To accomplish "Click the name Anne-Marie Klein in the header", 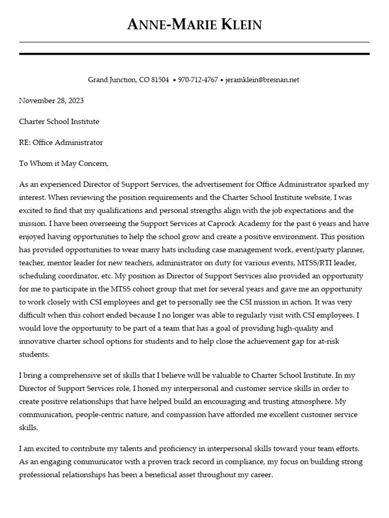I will pyautogui.click(x=194, y=24).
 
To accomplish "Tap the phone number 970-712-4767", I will pyautogui.click(x=198, y=80).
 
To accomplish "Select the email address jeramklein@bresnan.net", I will pyautogui.click(x=262, y=80).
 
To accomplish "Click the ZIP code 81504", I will pyautogui.click(x=161, y=80).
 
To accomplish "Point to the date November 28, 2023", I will pyautogui.click(x=52, y=101).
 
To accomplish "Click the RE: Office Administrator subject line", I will pyautogui.click(x=61, y=143).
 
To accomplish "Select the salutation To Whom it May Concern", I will pyautogui.click(x=64, y=164).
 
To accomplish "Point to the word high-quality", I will pyautogui.click(x=283, y=328).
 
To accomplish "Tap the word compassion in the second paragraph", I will pyautogui.click(x=167, y=415).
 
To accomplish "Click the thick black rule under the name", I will pyautogui.click(x=194, y=54).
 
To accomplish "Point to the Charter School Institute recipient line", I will pyautogui.click(x=59, y=121).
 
